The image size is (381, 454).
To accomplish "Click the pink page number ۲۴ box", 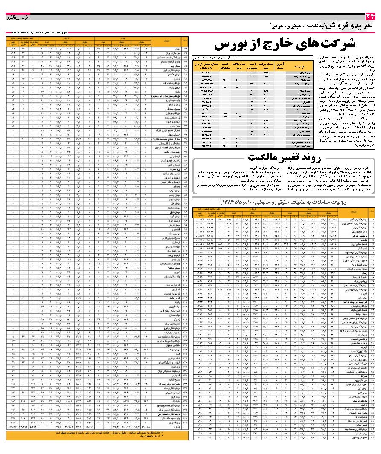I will [x=369, y=17].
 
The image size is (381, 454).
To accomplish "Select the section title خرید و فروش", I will [x=352, y=27].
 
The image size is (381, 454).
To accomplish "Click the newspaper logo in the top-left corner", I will [x=17, y=17].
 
